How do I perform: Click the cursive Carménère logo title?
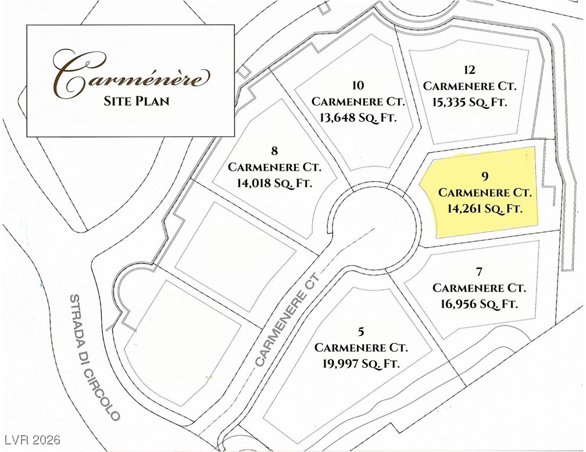[130, 74]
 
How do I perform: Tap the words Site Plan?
[137, 101]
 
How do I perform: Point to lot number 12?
[470, 70]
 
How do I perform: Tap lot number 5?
[361, 332]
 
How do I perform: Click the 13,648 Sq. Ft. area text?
[358, 117]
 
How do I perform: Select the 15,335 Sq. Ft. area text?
[470, 102]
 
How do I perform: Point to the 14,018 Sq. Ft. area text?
[274, 183]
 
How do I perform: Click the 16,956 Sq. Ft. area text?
[480, 303]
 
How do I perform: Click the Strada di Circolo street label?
[94, 357]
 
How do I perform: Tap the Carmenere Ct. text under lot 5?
[361, 347]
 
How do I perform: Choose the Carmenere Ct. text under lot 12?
[470, 86]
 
